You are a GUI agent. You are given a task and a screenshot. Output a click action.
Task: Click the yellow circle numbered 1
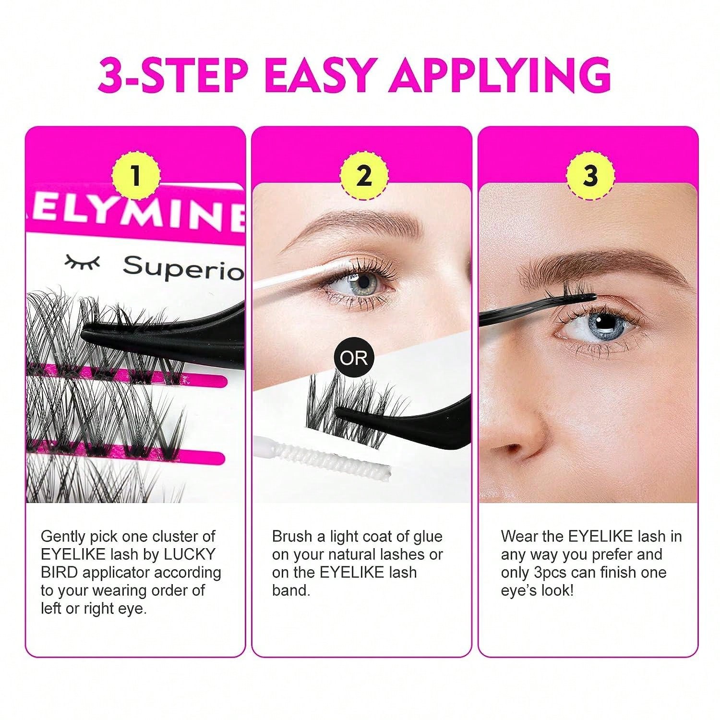136,176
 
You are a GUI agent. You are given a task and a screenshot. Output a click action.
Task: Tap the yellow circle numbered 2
364,176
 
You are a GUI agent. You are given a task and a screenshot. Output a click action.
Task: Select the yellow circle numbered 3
590,176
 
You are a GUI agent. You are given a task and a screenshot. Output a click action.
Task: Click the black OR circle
353,358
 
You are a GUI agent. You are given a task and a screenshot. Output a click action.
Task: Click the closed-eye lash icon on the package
83,262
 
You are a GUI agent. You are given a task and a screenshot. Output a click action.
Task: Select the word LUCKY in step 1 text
190,554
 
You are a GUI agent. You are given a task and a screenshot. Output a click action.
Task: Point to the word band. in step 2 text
291,591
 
